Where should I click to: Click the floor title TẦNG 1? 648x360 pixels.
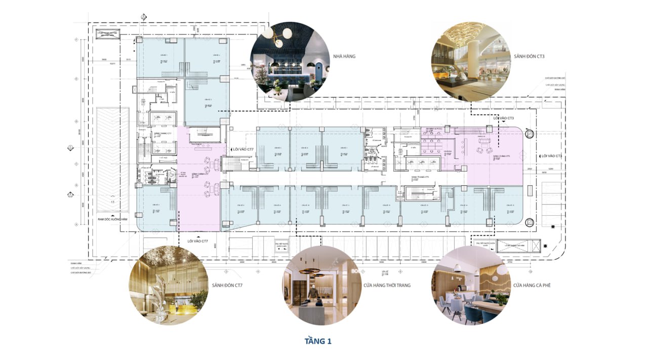(318, 341)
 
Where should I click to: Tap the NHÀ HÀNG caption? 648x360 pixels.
(344, 56)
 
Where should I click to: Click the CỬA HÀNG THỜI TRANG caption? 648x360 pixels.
(387, 286)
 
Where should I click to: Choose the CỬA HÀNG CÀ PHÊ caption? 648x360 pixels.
(531, 286)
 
